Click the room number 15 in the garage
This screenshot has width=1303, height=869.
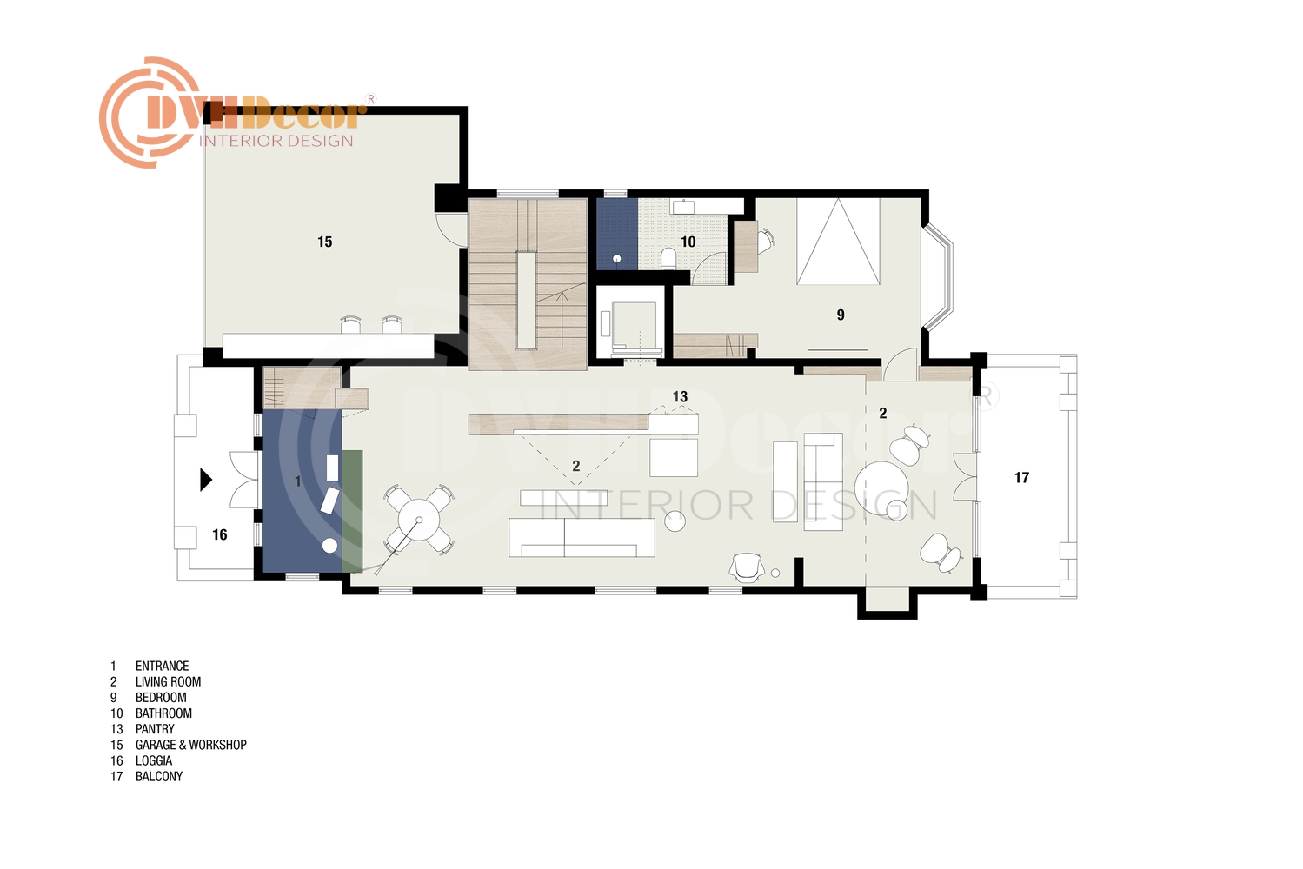click(324, 242)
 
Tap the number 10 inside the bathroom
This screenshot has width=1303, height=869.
click(688, 242)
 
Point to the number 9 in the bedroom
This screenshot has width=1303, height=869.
click(841, 315)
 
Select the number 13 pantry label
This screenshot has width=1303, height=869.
click(680, 396)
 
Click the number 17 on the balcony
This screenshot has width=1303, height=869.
click(1021, 478)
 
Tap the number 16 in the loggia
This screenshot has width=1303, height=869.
click(219, 534)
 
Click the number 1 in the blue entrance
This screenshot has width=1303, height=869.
click(298, 481)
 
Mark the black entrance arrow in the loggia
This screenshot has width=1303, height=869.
click(206, 480)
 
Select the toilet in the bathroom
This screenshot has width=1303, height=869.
click(668, 260)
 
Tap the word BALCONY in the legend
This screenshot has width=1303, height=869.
click(159, 777)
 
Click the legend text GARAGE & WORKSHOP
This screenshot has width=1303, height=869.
click(190, 745)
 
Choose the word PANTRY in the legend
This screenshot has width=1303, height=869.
click(155, 729)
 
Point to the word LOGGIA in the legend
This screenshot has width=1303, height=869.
click(154, 761)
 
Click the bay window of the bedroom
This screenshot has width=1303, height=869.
click(938, 278)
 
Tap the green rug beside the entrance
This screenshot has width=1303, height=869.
click(352, 511)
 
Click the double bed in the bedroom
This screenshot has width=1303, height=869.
click(838, 241)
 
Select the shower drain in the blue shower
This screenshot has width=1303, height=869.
click(617, 260)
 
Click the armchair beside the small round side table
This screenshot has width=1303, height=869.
click(747, 567)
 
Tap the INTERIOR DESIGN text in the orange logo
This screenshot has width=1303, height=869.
click(276, 141)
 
